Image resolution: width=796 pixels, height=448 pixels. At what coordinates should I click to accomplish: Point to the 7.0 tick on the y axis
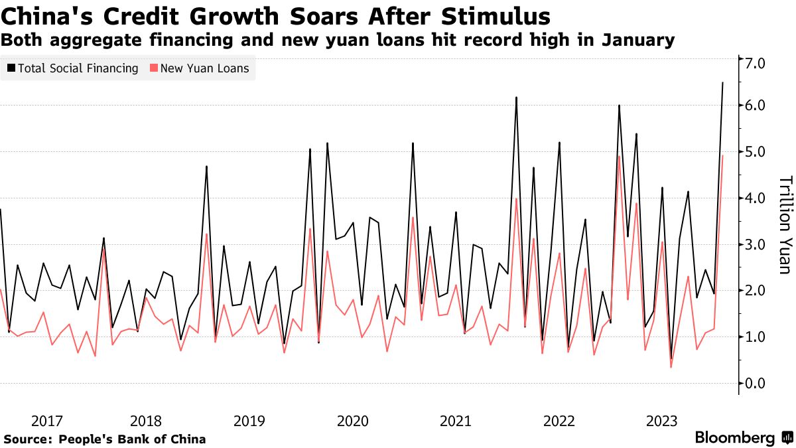756,64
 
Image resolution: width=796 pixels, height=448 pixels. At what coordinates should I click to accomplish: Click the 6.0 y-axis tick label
756,106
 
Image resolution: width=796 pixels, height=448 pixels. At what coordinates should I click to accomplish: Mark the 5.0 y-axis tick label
756,152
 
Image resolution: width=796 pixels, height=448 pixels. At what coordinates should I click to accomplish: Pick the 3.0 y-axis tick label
756,244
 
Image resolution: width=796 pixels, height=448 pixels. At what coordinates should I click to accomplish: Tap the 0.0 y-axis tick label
756,384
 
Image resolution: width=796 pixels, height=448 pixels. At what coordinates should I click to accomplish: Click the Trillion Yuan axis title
784,224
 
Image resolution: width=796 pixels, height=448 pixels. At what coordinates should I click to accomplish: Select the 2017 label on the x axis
47,421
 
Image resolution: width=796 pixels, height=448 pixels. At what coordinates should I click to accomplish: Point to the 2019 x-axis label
249,421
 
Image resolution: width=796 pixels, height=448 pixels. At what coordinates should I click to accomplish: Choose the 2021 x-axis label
456,421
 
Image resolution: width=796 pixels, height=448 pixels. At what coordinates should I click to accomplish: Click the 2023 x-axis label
661,421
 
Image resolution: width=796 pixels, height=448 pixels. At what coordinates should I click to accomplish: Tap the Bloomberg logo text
734,438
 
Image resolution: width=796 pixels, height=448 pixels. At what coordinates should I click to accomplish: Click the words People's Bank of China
132,439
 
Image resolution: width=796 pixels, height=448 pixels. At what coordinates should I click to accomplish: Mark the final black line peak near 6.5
722,83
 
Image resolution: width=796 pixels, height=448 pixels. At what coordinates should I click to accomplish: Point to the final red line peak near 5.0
722,155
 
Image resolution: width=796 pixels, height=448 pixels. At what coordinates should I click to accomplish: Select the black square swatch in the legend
11,68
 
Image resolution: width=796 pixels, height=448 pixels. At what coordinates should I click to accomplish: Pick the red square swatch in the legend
154,68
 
